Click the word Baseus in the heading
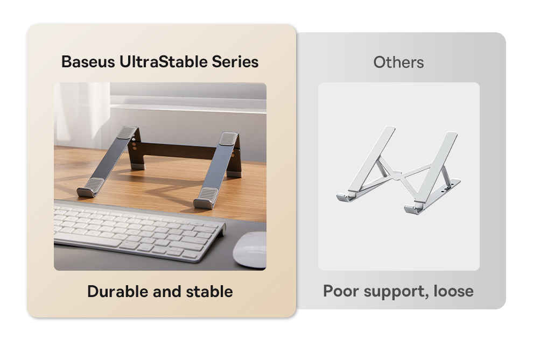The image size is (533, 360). (88, 62)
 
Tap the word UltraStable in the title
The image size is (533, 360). (163, 62)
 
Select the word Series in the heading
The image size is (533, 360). (235, 62)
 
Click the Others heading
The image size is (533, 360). (398, 62)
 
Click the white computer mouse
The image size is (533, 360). (250, 250)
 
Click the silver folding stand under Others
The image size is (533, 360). (398, 170)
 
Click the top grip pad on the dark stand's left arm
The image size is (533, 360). (127, 132)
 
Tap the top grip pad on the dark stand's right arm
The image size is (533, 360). (227, 139)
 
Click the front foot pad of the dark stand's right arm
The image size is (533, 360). (206, 198)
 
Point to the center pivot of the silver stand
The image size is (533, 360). (396, 175)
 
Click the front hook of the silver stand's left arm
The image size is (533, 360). (345, 196)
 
